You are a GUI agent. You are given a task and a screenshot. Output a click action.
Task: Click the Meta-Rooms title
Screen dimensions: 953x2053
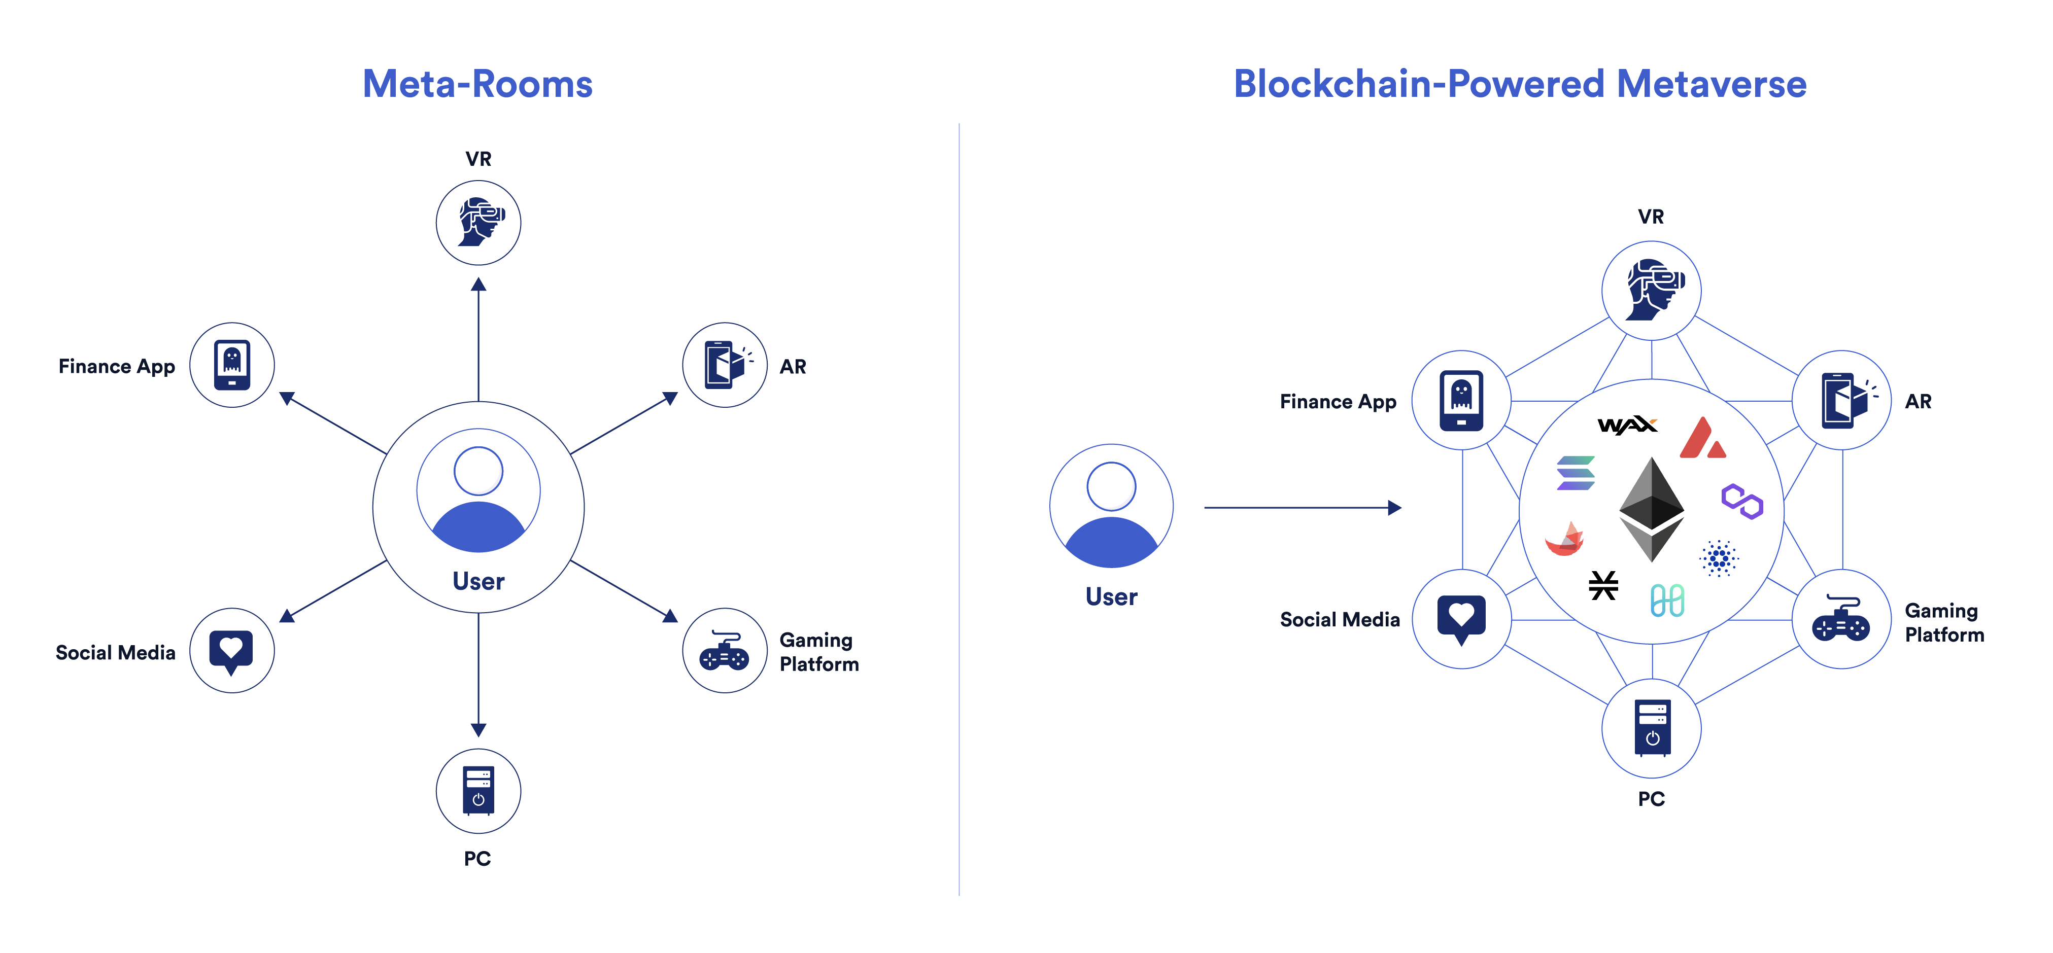pyautogui.click(x=477, y=85)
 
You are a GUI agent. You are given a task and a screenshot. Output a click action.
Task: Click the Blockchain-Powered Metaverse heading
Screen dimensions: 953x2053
pyautogui.click(x=1519, y=85)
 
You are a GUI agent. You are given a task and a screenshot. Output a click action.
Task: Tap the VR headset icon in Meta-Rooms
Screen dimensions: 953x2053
pyautogui.click(x=478, y=222)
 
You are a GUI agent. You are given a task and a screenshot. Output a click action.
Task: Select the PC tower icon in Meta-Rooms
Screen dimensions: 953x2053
pyautogui.click(x=478, y=791)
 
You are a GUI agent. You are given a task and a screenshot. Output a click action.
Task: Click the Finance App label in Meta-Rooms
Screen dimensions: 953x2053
pyautogui.click(x=116, y=367)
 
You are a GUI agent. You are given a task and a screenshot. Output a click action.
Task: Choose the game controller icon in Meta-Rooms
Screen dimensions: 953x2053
pyautogui.click(x=724, y=651)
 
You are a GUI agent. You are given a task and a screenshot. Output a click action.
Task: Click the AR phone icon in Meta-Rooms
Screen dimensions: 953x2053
pyautogui.click(x=725, y=365)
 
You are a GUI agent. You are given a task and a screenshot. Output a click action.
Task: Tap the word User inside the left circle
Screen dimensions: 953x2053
pyautogui.click(x=478, y=581)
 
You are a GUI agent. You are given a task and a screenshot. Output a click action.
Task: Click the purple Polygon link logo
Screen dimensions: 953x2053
pyautogui.click(x=1741, y=501)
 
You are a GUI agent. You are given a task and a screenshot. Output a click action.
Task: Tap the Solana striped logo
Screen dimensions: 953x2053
pyautogui.click(x=1575, y=473)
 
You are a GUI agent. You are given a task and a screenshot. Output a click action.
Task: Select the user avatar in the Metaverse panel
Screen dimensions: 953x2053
pyautogui.click(x=1111, y=506)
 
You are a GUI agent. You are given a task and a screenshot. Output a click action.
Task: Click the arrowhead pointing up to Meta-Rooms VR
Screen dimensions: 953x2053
pyautogui.click(x=478, y=285)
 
